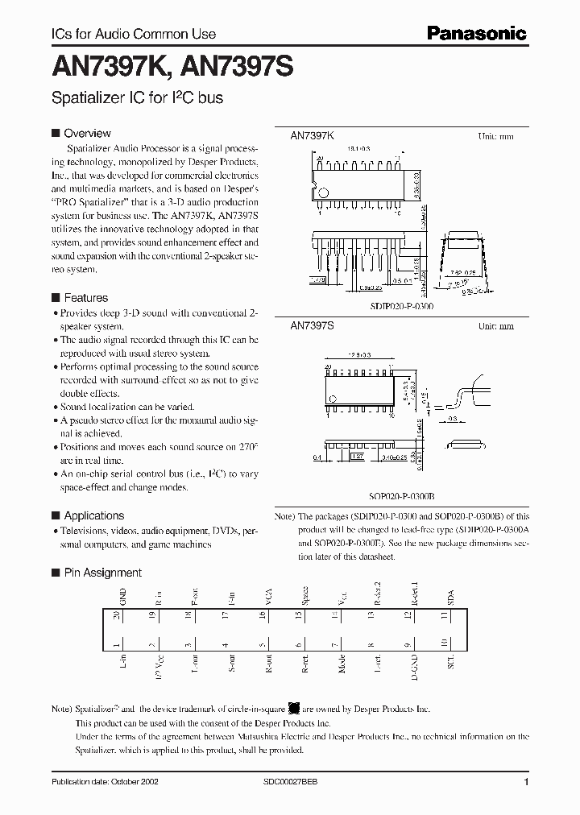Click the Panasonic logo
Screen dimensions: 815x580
[476, 33]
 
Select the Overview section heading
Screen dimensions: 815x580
[87, 133]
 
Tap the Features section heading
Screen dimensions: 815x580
[85, 297]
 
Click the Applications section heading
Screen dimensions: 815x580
[93, 515]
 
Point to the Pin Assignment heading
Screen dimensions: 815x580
[102, 573]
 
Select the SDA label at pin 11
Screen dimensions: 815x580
[450, 598]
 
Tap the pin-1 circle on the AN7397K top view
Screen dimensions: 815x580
[324, 193]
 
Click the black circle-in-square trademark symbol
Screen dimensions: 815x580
[294, 709]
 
